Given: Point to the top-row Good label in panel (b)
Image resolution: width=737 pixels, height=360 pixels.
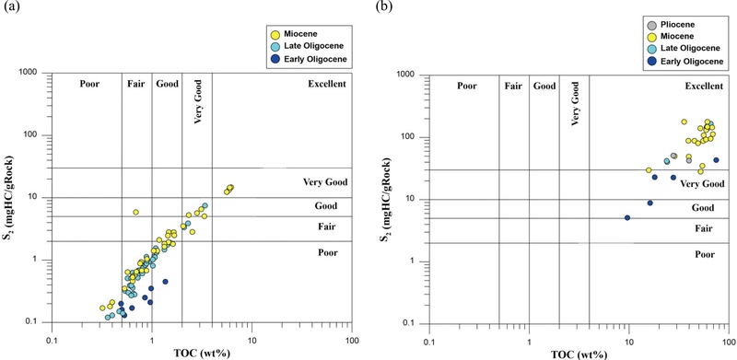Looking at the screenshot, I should [x=544, y=86].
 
